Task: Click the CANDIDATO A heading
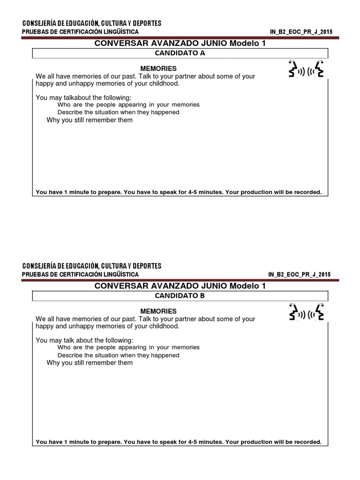(180, 53)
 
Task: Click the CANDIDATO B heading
(180, 296)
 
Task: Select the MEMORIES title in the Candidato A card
(158, 68)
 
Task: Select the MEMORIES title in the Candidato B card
(158, 311)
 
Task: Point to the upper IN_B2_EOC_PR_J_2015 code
(301, 31)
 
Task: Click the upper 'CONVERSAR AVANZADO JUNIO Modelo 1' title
(180, 43)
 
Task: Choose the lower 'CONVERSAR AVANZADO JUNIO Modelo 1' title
(180, 286)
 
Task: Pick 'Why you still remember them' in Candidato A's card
(90, 120)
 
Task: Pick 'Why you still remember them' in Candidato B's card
(90, 363)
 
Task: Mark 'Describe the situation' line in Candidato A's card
(118, 112)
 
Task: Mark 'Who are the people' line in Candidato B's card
(128, 347)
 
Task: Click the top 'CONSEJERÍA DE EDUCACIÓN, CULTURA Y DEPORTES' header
(92, 23)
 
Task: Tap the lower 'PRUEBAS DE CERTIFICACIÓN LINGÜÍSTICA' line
(80, 274)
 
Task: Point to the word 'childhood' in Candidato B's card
(164, 326)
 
